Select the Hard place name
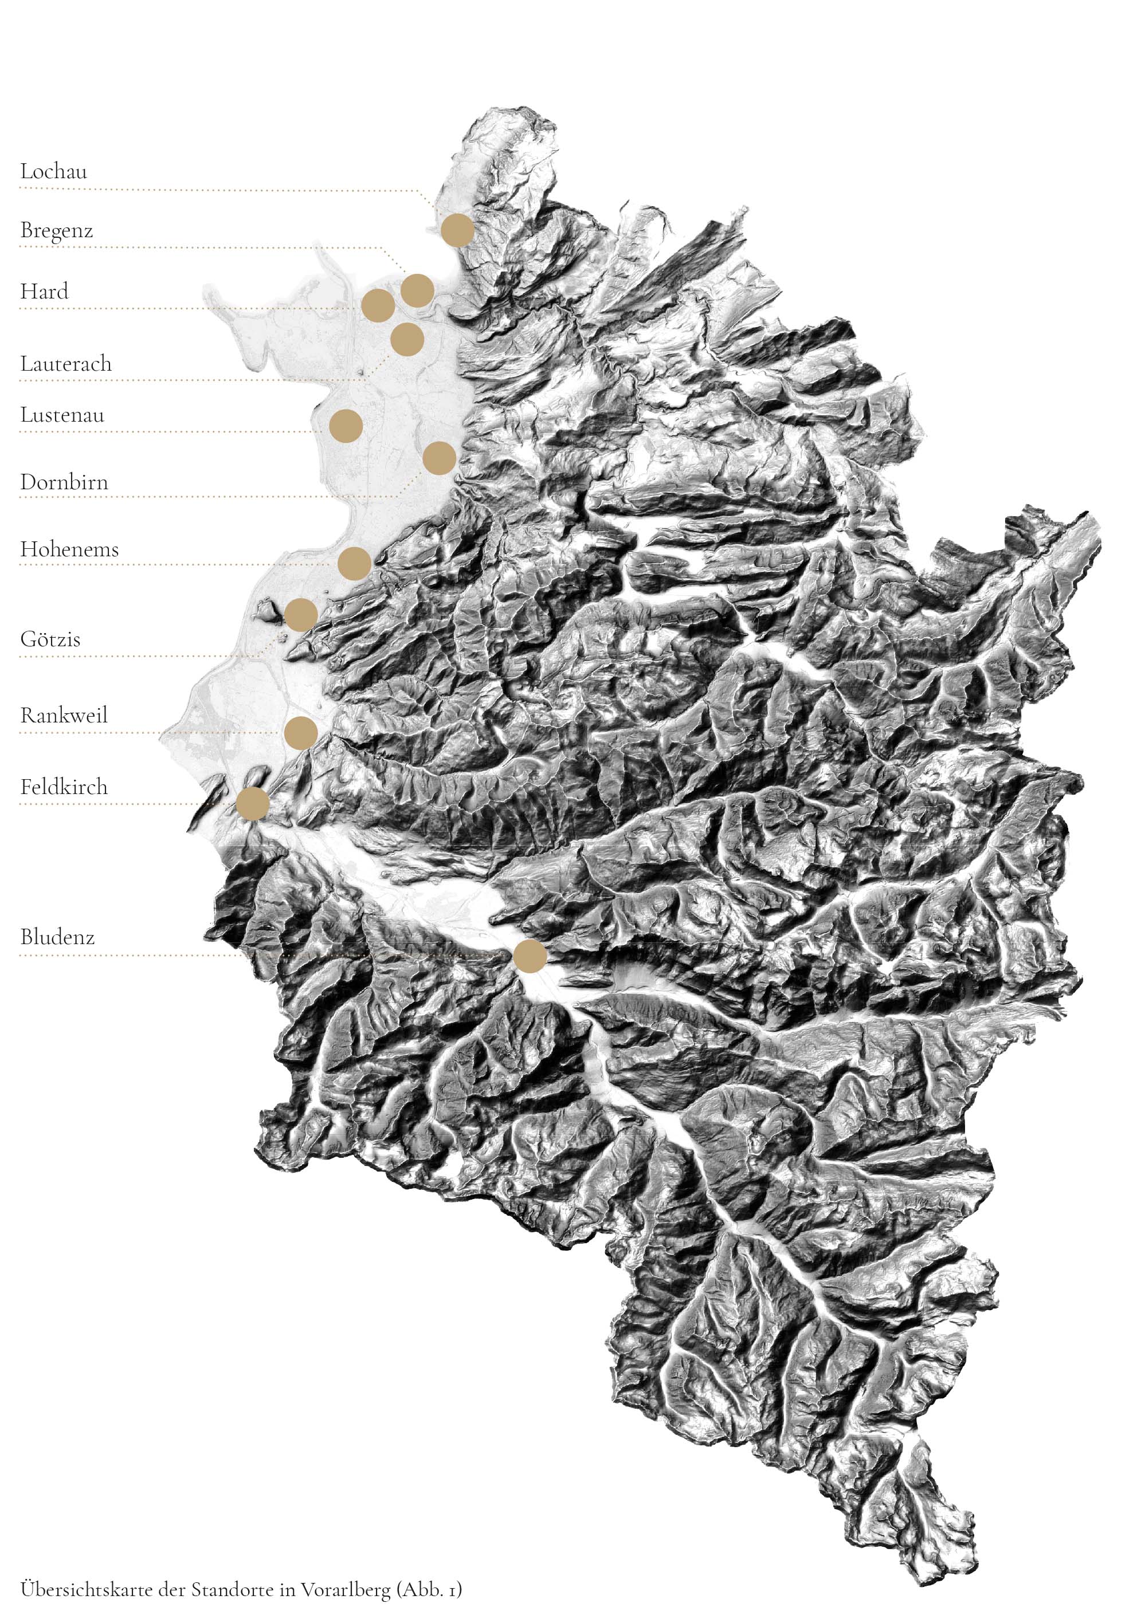click(x=44, y=291)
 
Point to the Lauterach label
click(x=65, y=364)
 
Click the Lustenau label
click(x=62, y=415)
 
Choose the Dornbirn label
click(x=64, y=482)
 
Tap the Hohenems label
click(x=69, y=549)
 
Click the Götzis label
click(x=50, y=639)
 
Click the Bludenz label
click(x=57, y=937)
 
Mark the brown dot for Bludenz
click(x=530, y=956)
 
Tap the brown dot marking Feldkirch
click(x=253, y=803)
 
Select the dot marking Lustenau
click(x=346, y=426)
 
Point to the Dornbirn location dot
click(x=440, y=458)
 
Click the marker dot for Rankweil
click(x=300, y=733)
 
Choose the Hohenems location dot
click(x=354, y=563)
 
